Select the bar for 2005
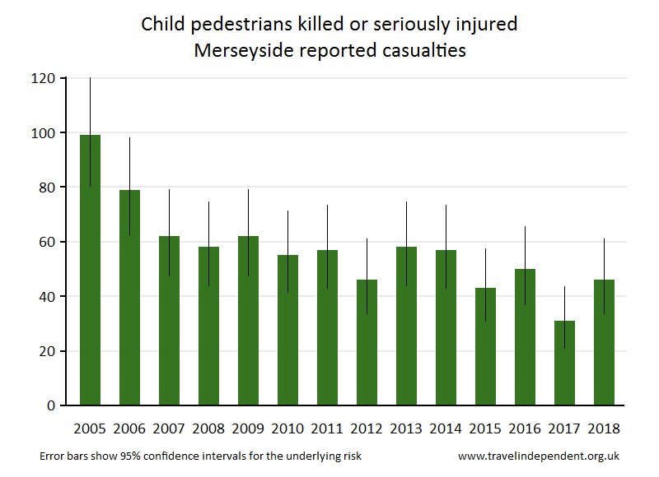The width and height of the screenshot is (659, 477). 90,271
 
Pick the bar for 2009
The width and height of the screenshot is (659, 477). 248,321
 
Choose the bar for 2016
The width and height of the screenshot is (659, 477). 525,337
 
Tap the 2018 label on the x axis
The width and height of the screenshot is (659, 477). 604,428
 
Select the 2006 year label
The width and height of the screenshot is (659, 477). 129,428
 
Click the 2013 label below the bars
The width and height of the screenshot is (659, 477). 406,428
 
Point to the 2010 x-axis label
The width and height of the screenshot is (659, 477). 287,428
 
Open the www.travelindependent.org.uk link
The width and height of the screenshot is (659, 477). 539,456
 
